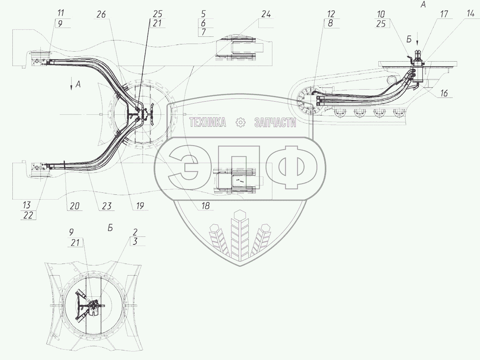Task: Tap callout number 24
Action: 266,14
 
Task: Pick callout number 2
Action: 136,232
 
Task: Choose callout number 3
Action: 136,242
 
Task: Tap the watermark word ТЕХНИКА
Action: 207,122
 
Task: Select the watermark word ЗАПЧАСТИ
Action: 275,122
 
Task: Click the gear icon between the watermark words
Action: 240,122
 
